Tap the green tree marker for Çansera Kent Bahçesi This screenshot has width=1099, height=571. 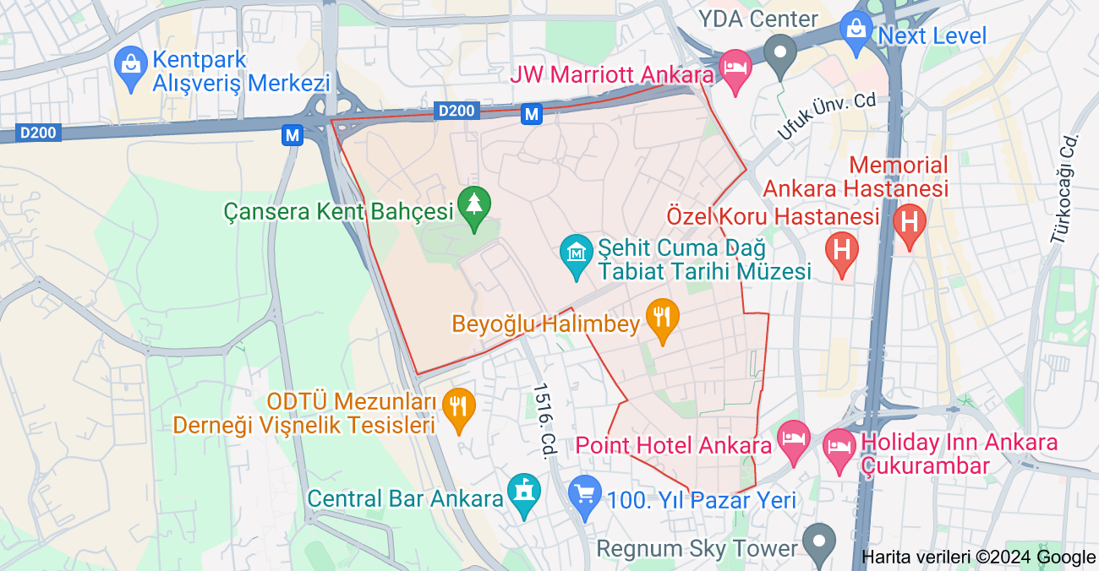474,206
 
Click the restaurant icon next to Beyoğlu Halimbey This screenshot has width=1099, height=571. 662,319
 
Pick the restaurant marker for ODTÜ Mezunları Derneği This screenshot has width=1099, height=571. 459,408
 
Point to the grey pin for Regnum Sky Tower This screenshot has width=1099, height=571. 818,541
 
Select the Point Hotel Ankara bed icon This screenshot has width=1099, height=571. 794,441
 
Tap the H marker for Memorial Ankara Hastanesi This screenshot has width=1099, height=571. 910,224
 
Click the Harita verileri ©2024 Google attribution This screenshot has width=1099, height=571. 978,557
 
